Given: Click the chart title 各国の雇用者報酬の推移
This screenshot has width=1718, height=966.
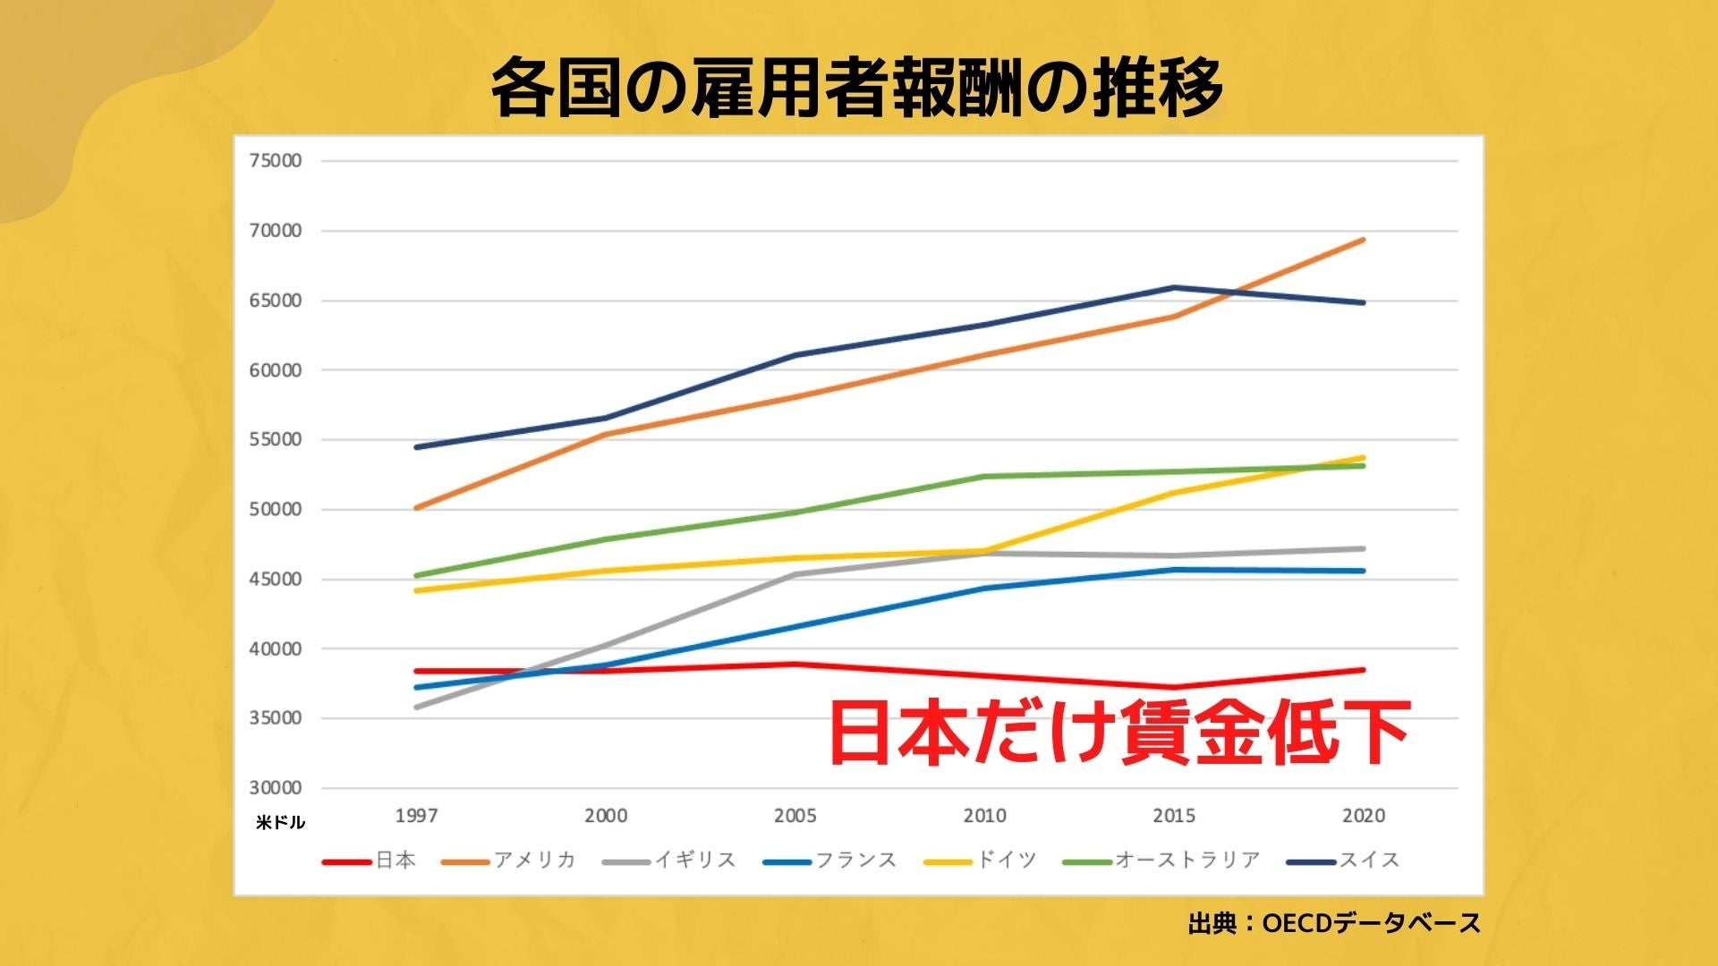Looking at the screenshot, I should (857, 88).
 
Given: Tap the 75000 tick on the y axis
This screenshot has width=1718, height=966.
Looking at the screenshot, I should (276, 161).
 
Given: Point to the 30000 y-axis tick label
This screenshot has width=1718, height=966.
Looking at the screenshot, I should (276, 788).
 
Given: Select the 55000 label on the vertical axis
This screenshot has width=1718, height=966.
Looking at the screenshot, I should (276, 440).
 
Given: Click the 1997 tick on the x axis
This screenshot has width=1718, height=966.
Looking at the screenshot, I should (417, 816).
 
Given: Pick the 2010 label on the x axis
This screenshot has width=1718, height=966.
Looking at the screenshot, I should (984, 816).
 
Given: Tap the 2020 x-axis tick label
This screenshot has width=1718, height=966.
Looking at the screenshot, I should (1364, 816).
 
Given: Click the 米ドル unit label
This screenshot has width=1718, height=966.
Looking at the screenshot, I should (280, 823).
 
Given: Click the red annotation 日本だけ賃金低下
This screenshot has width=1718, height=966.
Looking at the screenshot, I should (1118, 733).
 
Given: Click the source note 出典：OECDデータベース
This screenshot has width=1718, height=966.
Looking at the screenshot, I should (1334, 923).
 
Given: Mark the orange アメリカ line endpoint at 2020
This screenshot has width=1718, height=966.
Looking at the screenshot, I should (1364, 240).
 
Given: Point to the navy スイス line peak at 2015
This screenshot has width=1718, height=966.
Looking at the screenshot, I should (1174, 287).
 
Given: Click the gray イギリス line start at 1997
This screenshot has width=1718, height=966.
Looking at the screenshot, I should (417, 708).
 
